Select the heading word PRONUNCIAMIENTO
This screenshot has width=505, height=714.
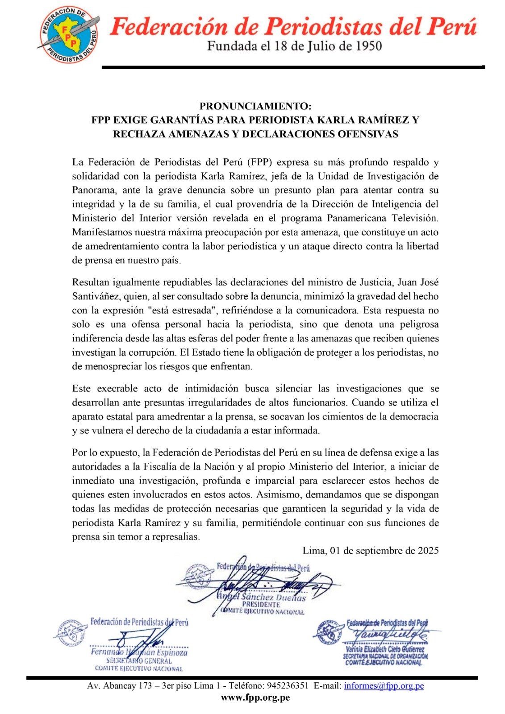255,106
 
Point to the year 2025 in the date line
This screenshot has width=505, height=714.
428,550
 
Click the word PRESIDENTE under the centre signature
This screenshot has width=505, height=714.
261,605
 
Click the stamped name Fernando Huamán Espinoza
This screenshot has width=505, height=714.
139,652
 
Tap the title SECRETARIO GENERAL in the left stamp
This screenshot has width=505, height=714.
139,661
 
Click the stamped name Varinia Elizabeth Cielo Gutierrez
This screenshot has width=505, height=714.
385,649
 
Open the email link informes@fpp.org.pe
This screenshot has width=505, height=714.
384,685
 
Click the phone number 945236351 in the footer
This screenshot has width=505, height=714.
288,685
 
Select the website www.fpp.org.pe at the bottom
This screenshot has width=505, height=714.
255,697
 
